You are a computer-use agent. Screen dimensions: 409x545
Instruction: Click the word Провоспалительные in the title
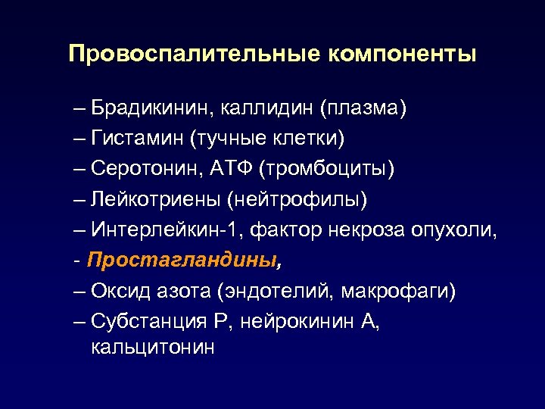(193, 54)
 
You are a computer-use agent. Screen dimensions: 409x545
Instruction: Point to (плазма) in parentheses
(363, 109)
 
